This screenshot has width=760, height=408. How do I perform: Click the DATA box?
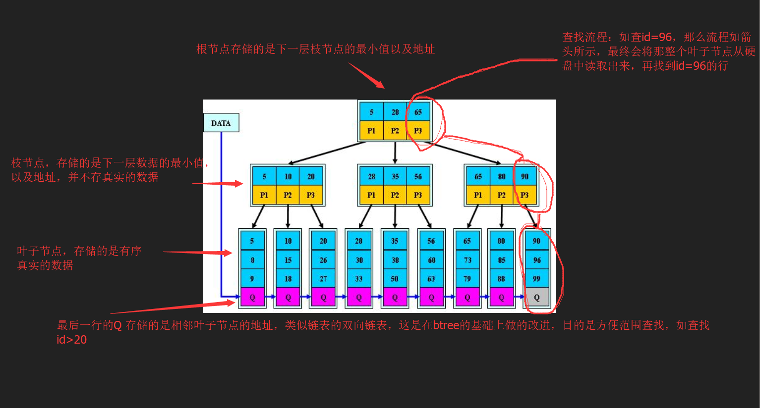[221, 123]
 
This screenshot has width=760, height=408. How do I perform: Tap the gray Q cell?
[536, 298]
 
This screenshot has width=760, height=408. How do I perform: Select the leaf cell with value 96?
[536, 260]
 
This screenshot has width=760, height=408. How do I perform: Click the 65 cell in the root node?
[418, 112]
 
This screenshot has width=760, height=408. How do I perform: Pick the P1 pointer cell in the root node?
[371, 131]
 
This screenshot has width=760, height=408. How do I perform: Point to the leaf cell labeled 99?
[536, 279]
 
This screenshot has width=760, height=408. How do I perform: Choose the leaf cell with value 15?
[288, 260]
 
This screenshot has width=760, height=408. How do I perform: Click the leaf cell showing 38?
[395, 260]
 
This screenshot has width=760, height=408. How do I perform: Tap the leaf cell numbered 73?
[467, 260]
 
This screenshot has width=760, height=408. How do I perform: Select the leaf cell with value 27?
[323, 279]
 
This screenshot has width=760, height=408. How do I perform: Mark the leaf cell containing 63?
[431, 279]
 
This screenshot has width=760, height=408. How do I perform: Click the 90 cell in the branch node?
[525, 176]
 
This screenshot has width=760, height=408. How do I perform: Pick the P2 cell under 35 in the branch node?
[395, 195]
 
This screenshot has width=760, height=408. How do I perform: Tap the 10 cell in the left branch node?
[288, 176]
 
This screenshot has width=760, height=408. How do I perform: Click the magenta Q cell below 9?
[252, 298]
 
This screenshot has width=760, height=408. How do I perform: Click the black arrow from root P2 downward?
[395, 153]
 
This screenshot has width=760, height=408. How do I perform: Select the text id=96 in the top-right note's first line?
[657, 37]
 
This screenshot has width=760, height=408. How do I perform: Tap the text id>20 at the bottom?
[72, 340]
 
